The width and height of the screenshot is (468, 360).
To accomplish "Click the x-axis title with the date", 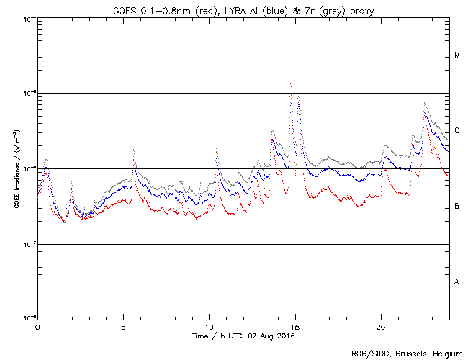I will [x=243, y=336].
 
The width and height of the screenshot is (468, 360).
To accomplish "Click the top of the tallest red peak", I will [x=290, y=84].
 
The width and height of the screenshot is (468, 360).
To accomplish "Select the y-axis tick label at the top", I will [x=27, y=18].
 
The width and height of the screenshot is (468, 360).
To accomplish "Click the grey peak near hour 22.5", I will [x=425, y=103].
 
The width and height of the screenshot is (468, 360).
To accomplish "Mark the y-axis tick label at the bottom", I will [x=27, y=318].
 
